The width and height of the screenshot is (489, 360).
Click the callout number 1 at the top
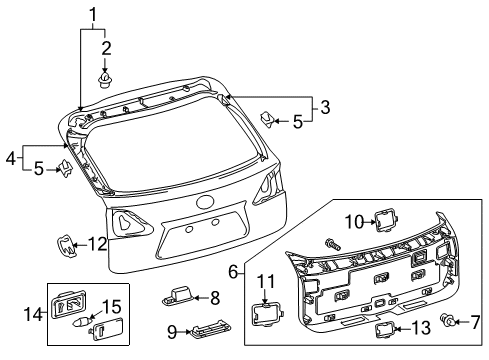tap(94, 14)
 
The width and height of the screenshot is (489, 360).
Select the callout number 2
tap(106, 47)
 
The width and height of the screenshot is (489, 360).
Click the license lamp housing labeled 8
tap(177, 296)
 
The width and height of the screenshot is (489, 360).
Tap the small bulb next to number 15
tap(81, 324)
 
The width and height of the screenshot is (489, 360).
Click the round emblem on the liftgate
tap(206, 201)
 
